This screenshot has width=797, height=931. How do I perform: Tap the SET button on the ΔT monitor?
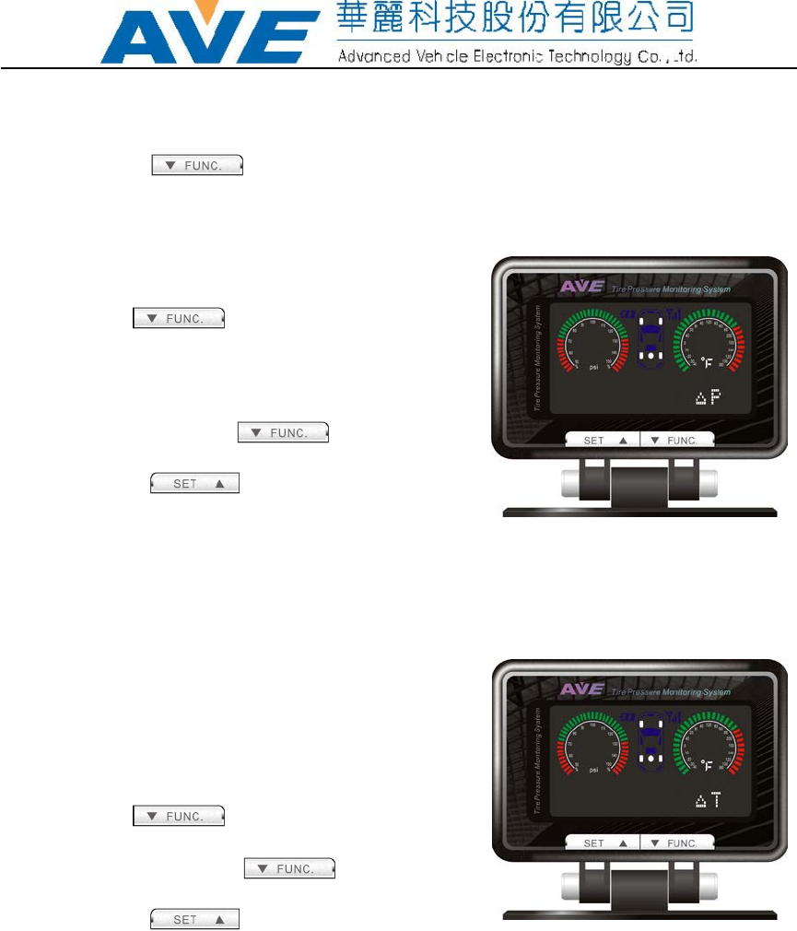click(602, 843)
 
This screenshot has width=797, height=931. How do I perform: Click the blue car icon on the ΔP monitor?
click(651, 337)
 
